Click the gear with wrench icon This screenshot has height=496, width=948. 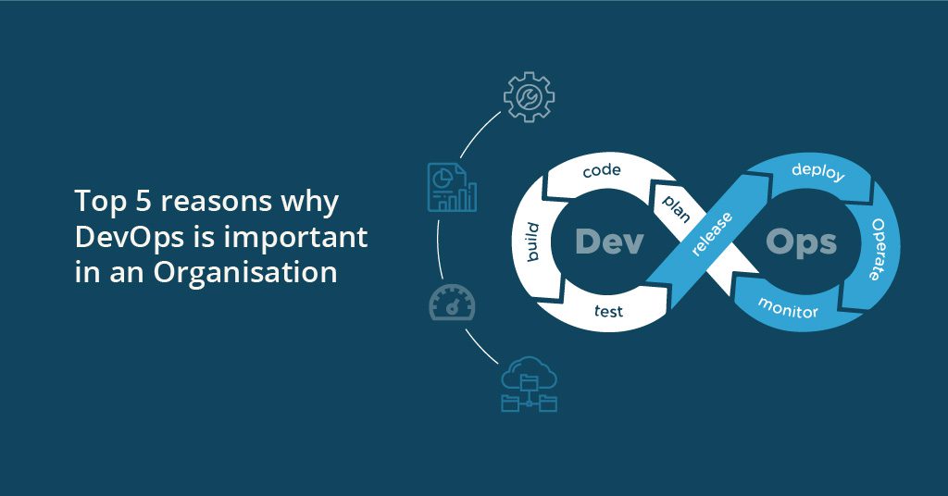(529, 96)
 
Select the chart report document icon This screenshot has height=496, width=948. (452, 187)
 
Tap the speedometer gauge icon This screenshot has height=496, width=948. (452, 303)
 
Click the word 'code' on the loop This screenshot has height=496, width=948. (602, 171)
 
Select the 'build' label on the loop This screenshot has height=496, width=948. (532, 242)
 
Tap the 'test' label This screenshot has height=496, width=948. (608, 311)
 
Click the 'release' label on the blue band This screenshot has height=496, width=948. (712, 234)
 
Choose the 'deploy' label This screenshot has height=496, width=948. (818, 171)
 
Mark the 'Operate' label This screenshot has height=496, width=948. (878, 249)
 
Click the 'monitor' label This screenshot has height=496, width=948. (788, 307)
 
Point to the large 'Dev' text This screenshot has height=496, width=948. (609, 242)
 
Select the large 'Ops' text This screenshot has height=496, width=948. (801, 242)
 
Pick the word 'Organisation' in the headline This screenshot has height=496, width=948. (244, 272)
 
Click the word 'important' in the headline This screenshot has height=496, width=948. (295, 237)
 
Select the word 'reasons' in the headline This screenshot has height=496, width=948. (216, 203)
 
